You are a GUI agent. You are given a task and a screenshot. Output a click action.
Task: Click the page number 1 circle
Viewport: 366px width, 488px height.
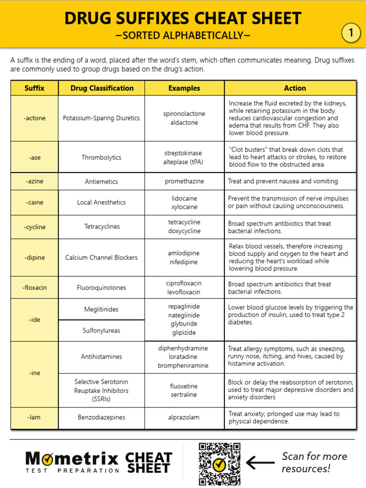[x=351, y=33]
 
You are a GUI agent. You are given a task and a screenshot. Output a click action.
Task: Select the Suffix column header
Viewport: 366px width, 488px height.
[x=34, y=88]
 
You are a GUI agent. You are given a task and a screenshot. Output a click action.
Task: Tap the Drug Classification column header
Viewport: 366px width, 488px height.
[x=102, y=88]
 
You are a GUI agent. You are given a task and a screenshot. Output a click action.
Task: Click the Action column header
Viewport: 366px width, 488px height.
[x=295, y=88]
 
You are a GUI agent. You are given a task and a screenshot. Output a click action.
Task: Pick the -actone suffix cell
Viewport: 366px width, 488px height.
[x=34, y=118]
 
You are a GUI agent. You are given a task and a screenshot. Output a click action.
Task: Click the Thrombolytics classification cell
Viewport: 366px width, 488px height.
[x=102, y=157]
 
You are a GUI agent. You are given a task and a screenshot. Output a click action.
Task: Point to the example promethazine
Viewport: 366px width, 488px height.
[x=184, y=182]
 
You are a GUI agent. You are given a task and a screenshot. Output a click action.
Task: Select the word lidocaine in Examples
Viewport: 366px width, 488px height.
[x=184, y=198]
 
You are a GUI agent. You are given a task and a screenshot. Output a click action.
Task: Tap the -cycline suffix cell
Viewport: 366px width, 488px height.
[x=34, y=227]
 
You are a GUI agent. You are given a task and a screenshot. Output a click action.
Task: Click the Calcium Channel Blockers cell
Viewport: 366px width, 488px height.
[x=102, y=257]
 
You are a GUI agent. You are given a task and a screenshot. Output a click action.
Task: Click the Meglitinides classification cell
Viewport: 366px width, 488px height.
[x=102, y=309]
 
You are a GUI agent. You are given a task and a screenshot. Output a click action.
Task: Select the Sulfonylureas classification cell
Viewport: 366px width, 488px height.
[x=102, y=330]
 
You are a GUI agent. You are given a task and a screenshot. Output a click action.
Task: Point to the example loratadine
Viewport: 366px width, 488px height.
[x=183, y=357]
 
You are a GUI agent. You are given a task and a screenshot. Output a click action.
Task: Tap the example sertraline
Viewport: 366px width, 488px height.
[x=183, y=395]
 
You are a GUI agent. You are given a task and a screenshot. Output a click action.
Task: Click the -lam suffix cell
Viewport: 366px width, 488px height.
[x=34, y=417]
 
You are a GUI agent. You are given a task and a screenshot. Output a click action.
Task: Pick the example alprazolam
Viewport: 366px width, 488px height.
[x=183, y=417]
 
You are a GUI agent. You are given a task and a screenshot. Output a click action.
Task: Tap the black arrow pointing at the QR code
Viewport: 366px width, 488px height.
[x=260, y=462]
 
